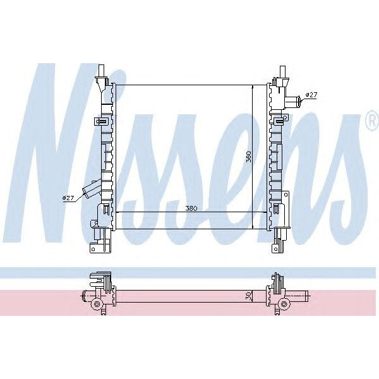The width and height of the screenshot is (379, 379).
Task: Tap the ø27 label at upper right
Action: point(311,95)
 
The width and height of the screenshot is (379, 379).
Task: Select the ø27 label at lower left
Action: point(68,198)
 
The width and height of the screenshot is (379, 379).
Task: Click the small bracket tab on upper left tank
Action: point(100,121)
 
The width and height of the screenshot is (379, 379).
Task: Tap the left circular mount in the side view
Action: point(97,305)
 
